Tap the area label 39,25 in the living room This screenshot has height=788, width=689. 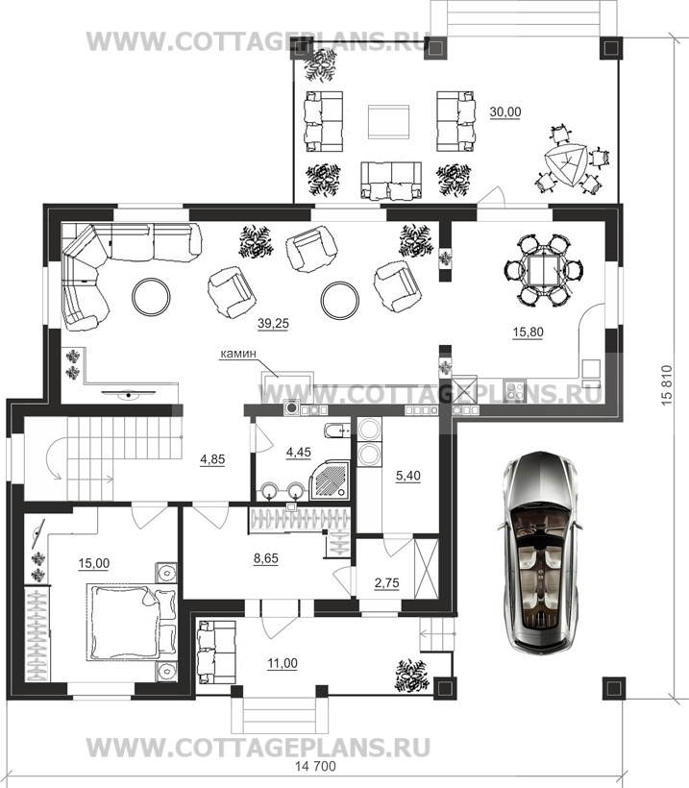pyautogui.click(x=273, y=324)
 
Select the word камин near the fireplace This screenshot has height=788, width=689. pyautogui.click(x=237, y=354)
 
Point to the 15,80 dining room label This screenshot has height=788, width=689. pyautogui.click(x=528, y=332)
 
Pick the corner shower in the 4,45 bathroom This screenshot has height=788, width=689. pyautogui.click(x=330, y=480)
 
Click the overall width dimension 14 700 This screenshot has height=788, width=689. pyautogui.click(x=315, y=767)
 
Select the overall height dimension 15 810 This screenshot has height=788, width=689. pyautogui.click(x=667, y=385)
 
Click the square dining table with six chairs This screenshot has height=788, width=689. pyautogui.click(x=542, y=270)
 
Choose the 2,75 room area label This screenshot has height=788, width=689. pyautogui.click(x=386, y=583)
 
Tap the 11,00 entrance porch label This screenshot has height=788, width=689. pyautogui.click(x=282, y=663)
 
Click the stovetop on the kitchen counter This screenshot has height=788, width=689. pyautogui.click(x=515, y=391)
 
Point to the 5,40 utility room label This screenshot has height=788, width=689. pyautogui.click(x=408, y=475)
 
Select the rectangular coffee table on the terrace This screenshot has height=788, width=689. pyautogui.click(x=388, y=122)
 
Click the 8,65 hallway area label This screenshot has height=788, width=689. pyautogui.click(x=266, y=558)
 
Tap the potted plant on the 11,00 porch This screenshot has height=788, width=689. pyautogui.click(x=412, y=675)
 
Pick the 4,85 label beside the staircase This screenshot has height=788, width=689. pyautogui.click(x=212, y=459)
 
